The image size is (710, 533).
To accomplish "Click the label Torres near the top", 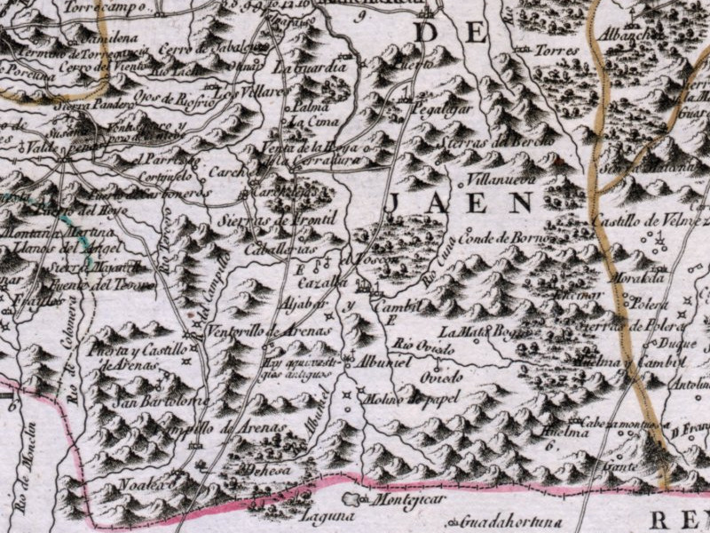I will point(557,52).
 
